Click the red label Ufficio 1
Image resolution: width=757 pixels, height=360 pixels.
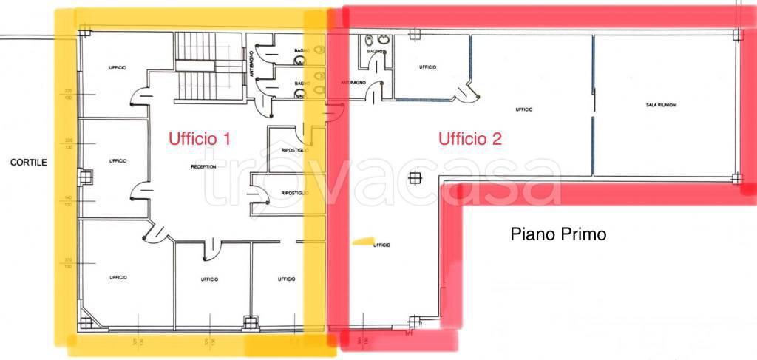200,138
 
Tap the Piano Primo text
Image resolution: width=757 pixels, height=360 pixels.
558,234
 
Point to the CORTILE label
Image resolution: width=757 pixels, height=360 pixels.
28,161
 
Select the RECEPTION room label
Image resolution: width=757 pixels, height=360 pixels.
203,167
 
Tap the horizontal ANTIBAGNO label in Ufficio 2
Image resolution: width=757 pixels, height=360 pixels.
353,83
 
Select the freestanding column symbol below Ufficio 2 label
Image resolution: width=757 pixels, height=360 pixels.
416,177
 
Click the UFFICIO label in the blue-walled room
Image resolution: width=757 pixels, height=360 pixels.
427,67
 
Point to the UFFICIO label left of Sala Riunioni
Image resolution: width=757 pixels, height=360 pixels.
524,109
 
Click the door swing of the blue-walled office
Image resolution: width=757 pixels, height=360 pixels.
464,94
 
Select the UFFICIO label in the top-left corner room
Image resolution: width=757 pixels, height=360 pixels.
118,68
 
